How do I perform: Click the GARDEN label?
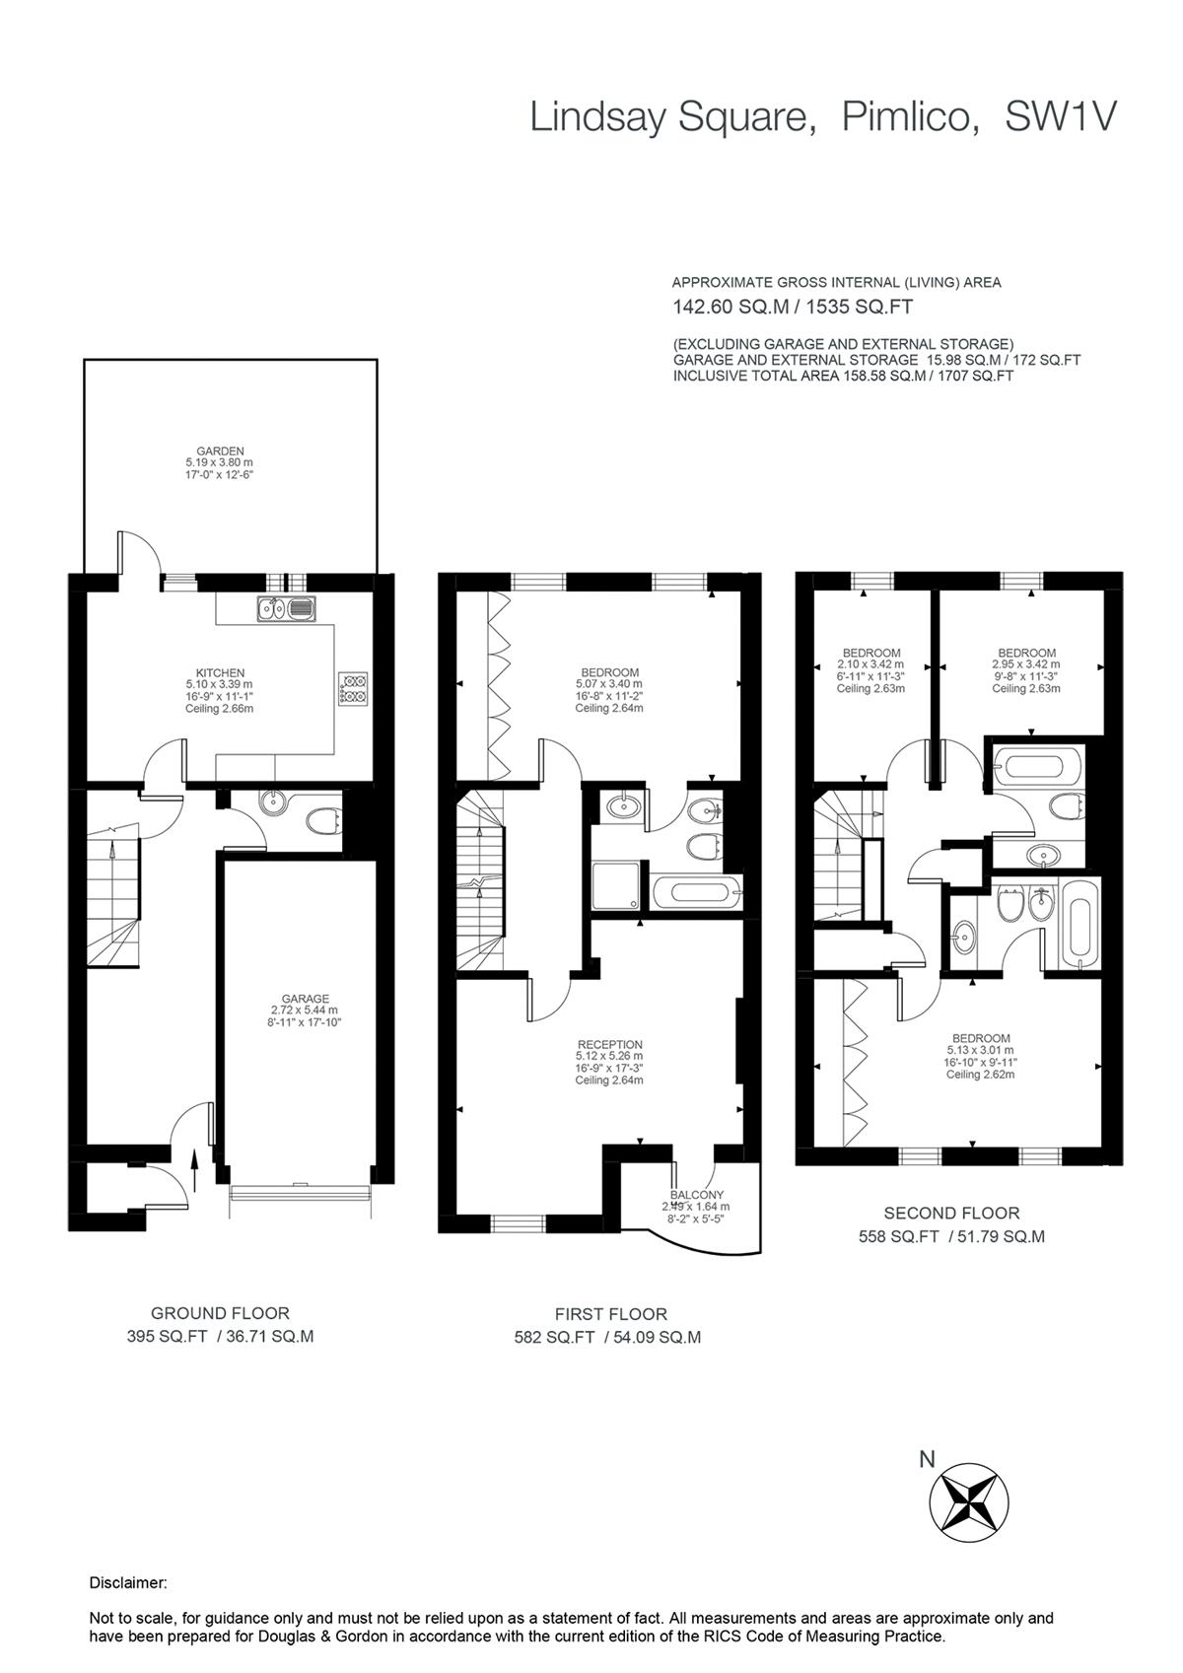pos(219,452)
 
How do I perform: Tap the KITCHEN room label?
pos(219,673)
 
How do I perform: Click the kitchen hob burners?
pos(353,687)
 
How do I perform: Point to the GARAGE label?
pos(305,999)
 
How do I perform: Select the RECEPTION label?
pos(609,1045)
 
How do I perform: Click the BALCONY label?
pos(697,1195)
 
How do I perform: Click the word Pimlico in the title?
pos(910,117)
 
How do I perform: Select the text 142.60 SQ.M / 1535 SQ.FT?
pos(792,307)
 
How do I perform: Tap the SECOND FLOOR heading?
pos(951,1214)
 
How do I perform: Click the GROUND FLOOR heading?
pos(220,1313)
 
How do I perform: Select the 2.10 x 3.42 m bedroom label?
pos(870,653)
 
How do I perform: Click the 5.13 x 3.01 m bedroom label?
pos(981,1038)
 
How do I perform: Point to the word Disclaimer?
pos(128,1583)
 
